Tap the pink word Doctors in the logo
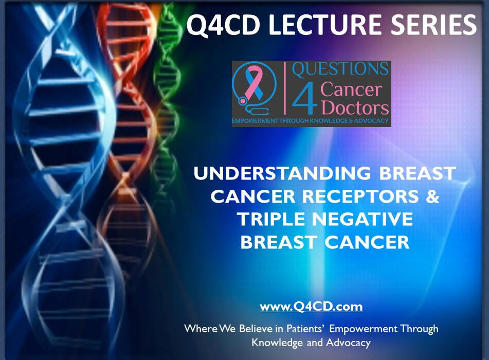(x=354, y=107)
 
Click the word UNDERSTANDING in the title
(x=282, y=174)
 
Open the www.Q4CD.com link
(x=311, y=307)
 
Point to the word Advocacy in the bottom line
(x=348, y=342)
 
